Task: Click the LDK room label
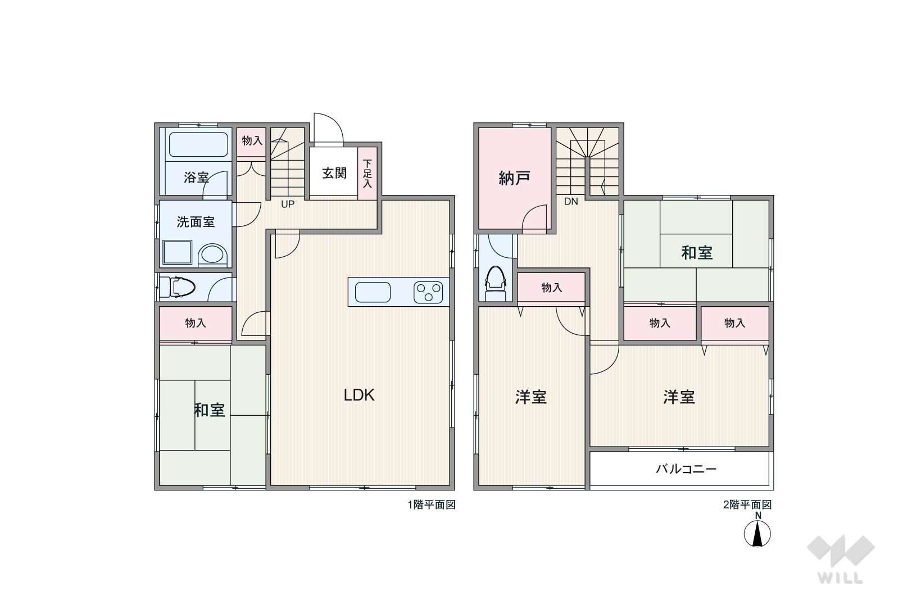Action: pyautogui.click(x=359, y=395)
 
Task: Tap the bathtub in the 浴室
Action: pyautogui.click(x=198, y=144)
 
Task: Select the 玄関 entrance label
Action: pyautogui.click(x=334, y=173)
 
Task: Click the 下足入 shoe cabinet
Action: pyautogui.click(x=367, y=174)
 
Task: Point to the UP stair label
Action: pyautogui.click(x=288, y=204)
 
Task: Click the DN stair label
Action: pyautogui.click(x=571, y=201)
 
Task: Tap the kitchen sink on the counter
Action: pyautogui.click(x=373, y=292)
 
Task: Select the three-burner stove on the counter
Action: pyautogui.click(x=428, y=292)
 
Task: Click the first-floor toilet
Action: pyautogui.click(x=177, y=287)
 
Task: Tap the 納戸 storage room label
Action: pyautogui.click(x=514, y=178)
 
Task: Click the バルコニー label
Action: pyautogui.click(x=686, y=469)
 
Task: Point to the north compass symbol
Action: pyautogui.click(x=757, y=534)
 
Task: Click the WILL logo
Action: pyautogui.click(x=841, y=560)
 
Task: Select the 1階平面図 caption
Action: pyautogui.click(x=432, y=504)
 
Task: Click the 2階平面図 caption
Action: pyautogui.click(x=747, y=504)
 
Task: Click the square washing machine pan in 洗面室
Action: pyautogui.click(x=177, y=252)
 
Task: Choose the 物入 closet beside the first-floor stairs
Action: pyautogui.click(x=252, y=142)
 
